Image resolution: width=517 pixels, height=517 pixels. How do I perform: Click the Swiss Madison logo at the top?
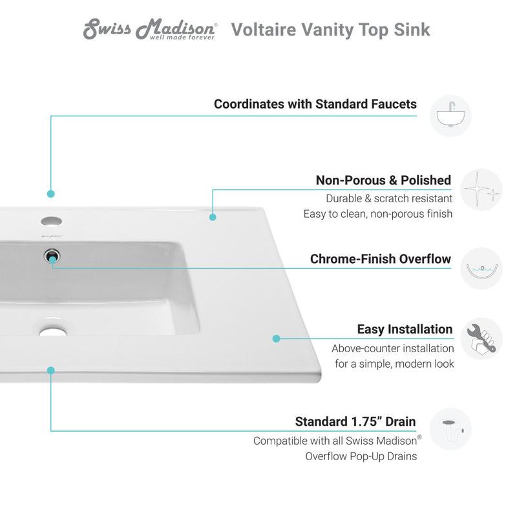pos(150,30)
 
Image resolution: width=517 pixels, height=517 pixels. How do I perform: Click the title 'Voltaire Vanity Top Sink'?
pos(330,30)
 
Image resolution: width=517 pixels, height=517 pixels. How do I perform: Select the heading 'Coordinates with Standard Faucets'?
pos(315,104)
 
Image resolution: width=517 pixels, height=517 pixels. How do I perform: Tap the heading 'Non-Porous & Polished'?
pos(383,180)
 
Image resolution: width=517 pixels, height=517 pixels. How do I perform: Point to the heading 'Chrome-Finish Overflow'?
pos(381,259)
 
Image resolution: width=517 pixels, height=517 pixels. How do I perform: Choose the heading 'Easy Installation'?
pos(405,330)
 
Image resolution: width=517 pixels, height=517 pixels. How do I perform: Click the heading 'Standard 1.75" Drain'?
pos(355,421)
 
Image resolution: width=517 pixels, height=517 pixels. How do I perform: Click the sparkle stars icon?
pos(481,189)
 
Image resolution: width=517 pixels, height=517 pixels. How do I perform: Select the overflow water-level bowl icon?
pos(481,268)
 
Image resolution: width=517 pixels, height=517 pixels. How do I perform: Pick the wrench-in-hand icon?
pos(481,339)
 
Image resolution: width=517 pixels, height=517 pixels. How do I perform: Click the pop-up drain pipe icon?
pos(450,429)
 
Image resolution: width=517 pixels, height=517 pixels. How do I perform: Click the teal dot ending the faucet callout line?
pos(51,193)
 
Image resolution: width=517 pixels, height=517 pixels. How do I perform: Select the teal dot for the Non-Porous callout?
pos(213,216)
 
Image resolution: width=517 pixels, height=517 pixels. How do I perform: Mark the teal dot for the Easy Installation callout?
pos(276,338)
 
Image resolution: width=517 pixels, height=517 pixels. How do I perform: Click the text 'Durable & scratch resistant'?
pos(389,199)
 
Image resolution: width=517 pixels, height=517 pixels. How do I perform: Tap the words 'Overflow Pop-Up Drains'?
pos(361,456)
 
